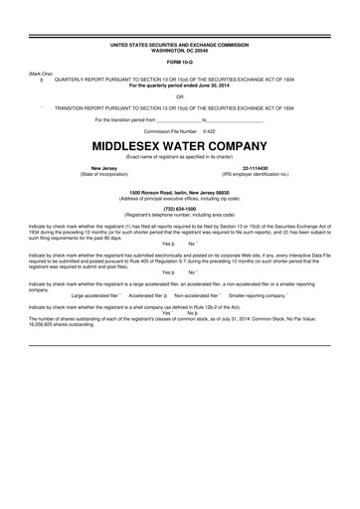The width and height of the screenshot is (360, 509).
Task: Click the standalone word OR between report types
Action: point(180,95)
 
